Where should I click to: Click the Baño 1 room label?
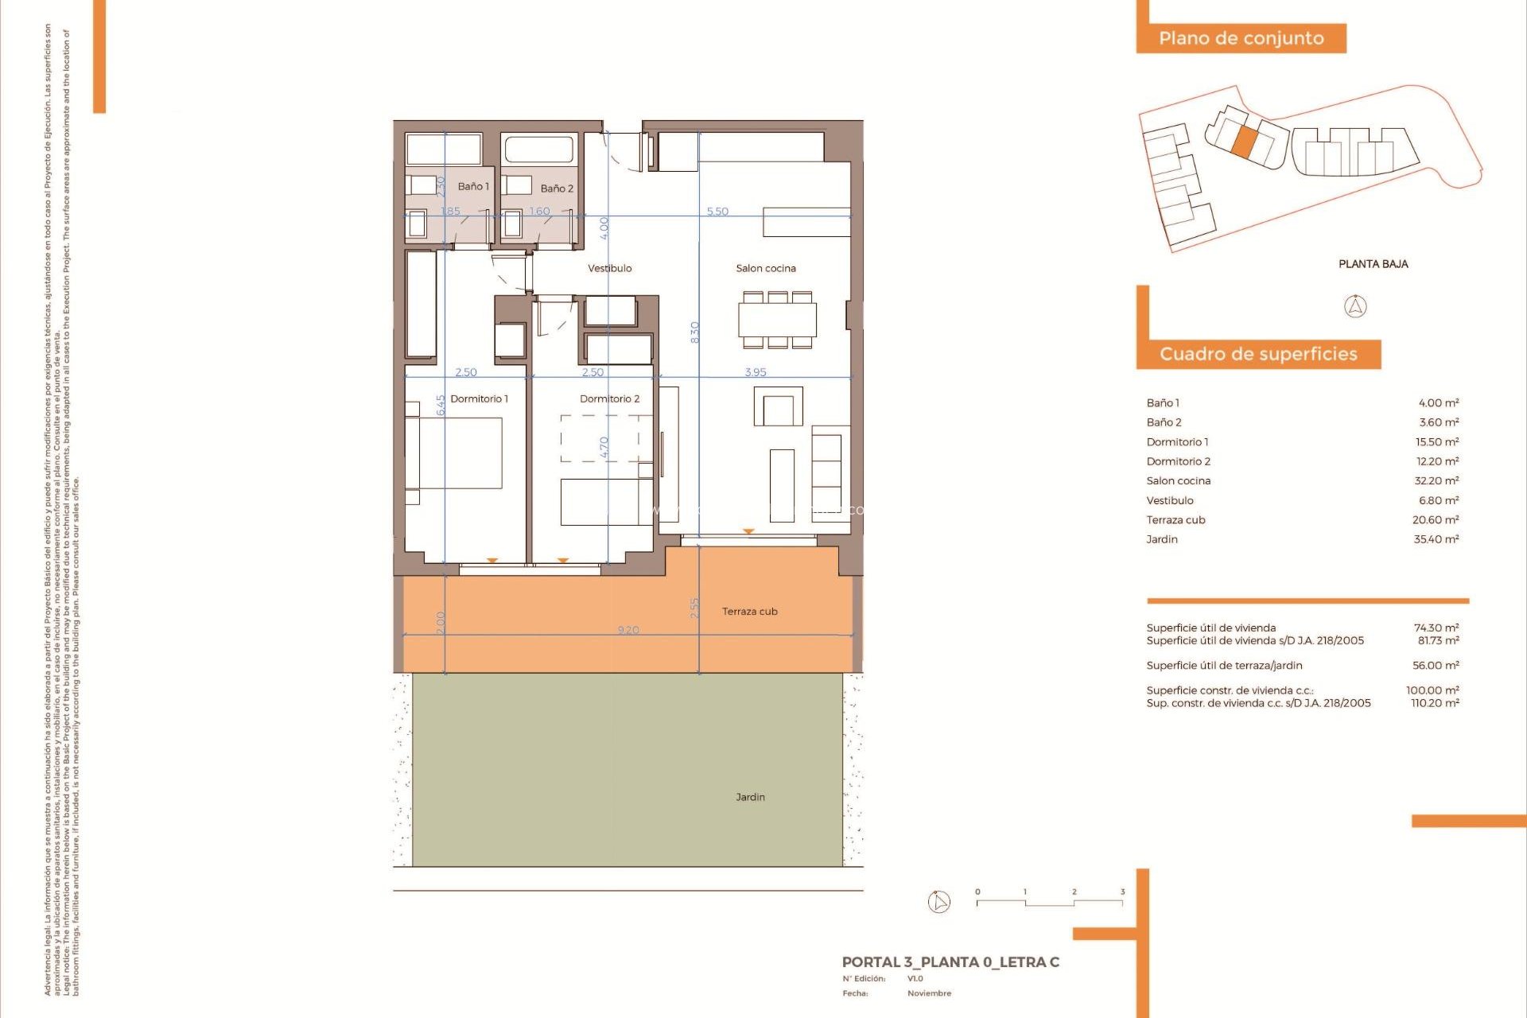[473, 186]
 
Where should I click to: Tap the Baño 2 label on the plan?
[557, 188]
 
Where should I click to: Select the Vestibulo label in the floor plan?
[609, 268]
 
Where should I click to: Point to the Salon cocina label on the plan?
[765, 268]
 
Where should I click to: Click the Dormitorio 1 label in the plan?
[479, 398]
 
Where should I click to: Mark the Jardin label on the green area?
[750, 797]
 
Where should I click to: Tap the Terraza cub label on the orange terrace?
[749, 612]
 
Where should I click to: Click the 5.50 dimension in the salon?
[717, 212]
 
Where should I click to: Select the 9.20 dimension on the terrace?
[628, 630]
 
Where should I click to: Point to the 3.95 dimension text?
[756, 372]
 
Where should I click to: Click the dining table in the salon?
[777, 321]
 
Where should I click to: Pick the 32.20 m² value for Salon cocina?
[1436, 480]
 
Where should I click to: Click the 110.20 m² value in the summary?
[1434, 703]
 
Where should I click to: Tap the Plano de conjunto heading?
[1241, 38]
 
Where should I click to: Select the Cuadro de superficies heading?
[1258, 354]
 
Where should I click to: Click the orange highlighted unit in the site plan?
[1245, 141]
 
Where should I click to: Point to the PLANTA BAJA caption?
[1373, 264]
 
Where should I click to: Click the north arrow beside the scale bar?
[939, 902]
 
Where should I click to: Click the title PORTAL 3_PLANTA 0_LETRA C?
[950, 962]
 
